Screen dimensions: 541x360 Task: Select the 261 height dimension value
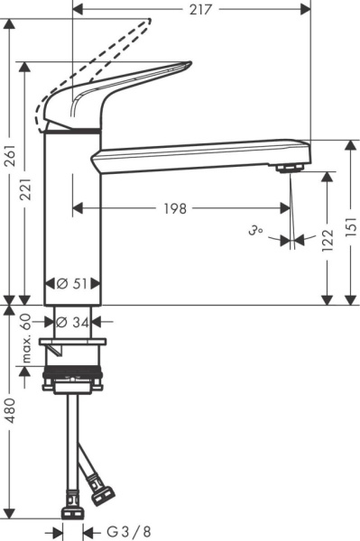[x=9, y=160]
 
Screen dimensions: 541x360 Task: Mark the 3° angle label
[x=255, y=233]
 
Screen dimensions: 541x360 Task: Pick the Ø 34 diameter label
[x=73, y=321]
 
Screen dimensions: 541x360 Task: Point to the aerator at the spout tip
[x=289, y=168]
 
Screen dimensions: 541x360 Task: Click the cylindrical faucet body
[x=73, y=216]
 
